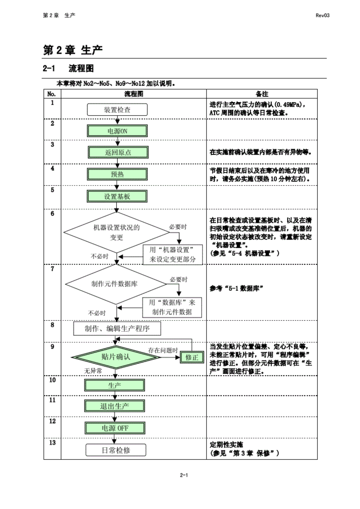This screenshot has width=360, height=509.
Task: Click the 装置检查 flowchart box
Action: click(117, 110)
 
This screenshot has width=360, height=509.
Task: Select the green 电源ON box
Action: click(117, 131)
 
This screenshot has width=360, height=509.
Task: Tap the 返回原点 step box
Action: click(118, 152)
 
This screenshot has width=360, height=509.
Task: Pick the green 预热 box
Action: click(117, 174)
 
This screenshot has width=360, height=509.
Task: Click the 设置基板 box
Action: click(117, 197)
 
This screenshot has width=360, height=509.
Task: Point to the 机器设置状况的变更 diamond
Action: click(116, 233)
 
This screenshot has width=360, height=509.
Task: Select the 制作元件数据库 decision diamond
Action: click(115, 284)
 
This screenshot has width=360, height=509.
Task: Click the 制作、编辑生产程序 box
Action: click(117, 329)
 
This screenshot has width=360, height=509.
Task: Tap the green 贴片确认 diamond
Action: click(116, 357)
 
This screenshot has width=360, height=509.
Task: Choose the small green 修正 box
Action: click(192, 358)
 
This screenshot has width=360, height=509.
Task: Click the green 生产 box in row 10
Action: click(115, 385)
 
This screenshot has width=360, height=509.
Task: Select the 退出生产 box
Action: click(115, 406)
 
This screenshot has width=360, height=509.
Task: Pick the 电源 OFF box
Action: click(115, 428)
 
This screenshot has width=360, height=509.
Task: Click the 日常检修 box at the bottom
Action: click(116, 450)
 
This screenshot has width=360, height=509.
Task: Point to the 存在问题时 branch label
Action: click(163, 350)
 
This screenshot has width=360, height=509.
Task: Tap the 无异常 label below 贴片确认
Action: click(93, 371)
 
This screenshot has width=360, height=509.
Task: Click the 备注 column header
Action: click(262, 94)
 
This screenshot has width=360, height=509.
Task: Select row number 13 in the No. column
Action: click(52, 443)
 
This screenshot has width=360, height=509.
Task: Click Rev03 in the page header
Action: click(322, 15)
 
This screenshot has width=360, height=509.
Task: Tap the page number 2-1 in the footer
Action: click(184, 475)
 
